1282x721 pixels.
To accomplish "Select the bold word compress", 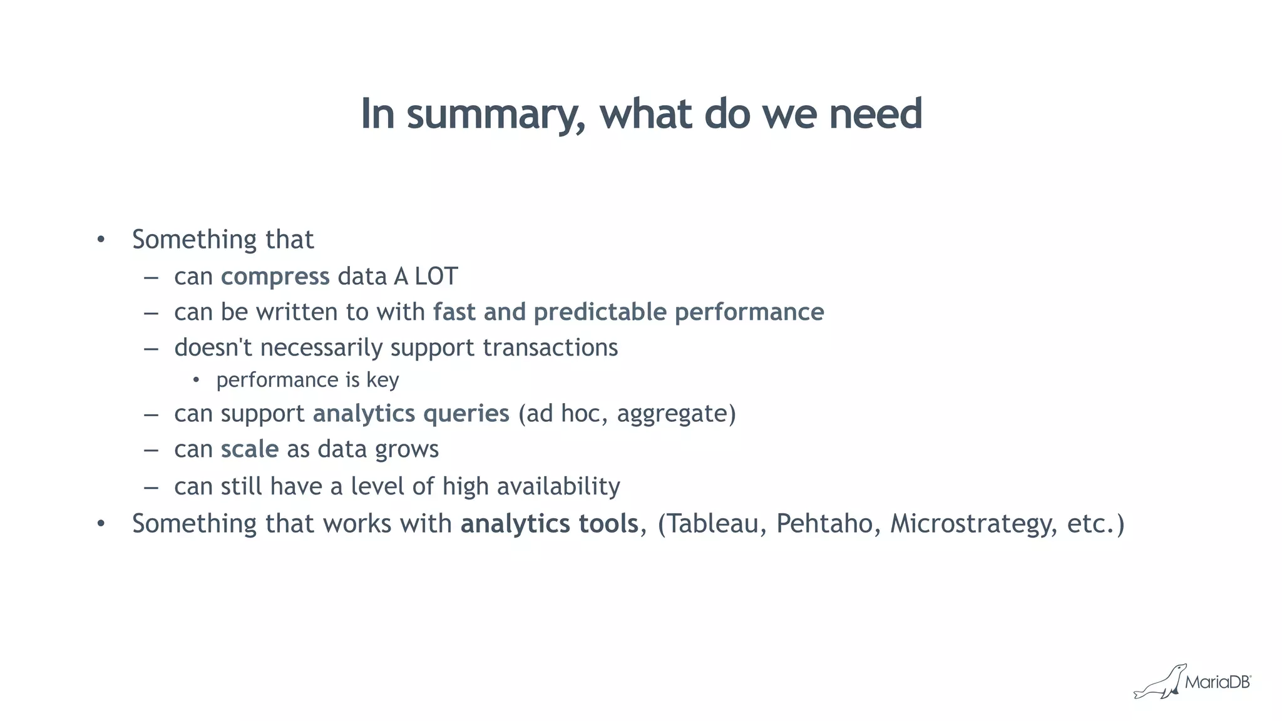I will tap(275, 277).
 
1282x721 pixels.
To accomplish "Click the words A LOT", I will tap(426, 277).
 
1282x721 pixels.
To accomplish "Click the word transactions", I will tap(550, 348).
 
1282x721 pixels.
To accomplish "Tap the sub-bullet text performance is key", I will tap(307, 381).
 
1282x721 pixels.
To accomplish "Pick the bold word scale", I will tap(249, 449).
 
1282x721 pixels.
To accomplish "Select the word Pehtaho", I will tap(824, 524).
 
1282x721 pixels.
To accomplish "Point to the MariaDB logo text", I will tap(1217, 682).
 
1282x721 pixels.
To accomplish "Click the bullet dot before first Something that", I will tap(101, 240).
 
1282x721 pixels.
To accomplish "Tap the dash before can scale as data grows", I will tap(151, 450).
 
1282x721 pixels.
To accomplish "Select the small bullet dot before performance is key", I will tap(196, 380).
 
